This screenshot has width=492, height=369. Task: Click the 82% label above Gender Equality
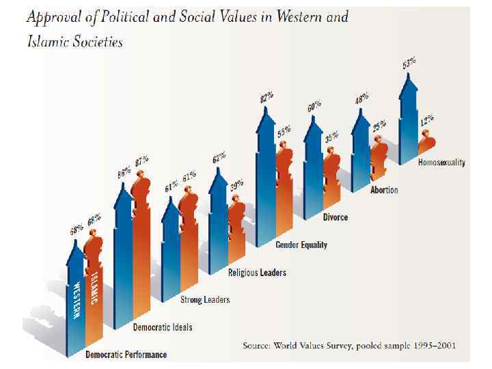click(266, 98)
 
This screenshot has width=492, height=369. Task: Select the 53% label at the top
click(409, 64)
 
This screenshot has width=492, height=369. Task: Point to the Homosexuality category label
click(441, 163)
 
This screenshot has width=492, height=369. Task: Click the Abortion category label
click(383, 190)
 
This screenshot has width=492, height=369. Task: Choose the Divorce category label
click(335, 217)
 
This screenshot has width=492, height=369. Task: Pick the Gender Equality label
click(301, 245)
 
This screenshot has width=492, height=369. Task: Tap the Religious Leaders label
click(256, 273)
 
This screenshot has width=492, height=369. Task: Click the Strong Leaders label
click(204, 299)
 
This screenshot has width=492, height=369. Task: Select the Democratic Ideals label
click(162, 327)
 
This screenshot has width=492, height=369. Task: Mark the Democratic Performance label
click(126, 355)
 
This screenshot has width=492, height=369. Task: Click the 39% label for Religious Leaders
click(236, 186)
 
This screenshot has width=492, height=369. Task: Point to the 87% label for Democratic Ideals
click(142, 162)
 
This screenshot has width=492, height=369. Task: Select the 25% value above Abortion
click(379, 126)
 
